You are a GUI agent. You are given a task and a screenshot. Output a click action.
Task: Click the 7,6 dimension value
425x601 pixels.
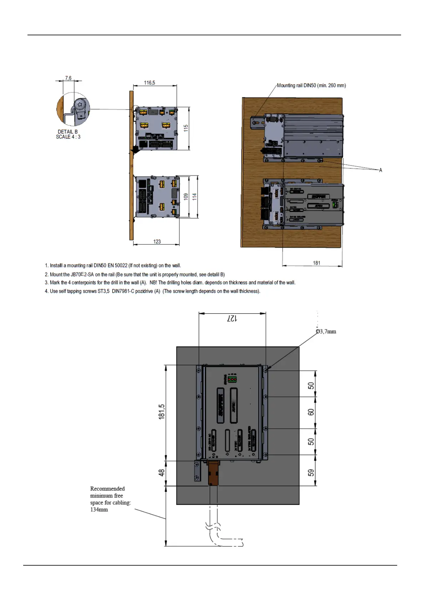pos(68,78)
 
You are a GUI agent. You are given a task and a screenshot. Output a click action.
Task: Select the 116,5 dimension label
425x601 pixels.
pos(150,83)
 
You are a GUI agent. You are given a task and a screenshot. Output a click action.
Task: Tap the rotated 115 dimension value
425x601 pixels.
pos(186,128)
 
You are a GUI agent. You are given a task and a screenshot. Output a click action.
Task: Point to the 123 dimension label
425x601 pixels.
pos(157,242)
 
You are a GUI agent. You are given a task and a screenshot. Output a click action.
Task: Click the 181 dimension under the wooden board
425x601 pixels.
pos(317,263)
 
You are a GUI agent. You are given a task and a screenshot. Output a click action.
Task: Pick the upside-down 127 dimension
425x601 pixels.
pos(232,318)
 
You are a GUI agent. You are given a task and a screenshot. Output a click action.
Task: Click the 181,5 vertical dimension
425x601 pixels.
pos(162,411)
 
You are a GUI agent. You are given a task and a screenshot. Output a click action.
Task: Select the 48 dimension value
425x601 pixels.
pos(162,473)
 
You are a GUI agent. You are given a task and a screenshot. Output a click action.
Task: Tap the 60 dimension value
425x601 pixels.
pos(311,412)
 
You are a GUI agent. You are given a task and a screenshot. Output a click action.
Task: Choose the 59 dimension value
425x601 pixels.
pos(311,473)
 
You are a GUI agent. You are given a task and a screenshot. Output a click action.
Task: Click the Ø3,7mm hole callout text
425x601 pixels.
pos(326,332)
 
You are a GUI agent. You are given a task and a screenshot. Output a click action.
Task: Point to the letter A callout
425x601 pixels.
pos(381,170)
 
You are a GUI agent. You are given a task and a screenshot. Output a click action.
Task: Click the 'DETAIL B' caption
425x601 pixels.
pos(68,132)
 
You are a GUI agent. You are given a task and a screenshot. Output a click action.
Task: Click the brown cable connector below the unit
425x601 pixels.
pos(213,473)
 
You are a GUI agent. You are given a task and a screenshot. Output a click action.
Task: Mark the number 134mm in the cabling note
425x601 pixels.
pos(99,510)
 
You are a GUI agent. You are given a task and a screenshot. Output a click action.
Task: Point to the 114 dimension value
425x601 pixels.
pos(194,196)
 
